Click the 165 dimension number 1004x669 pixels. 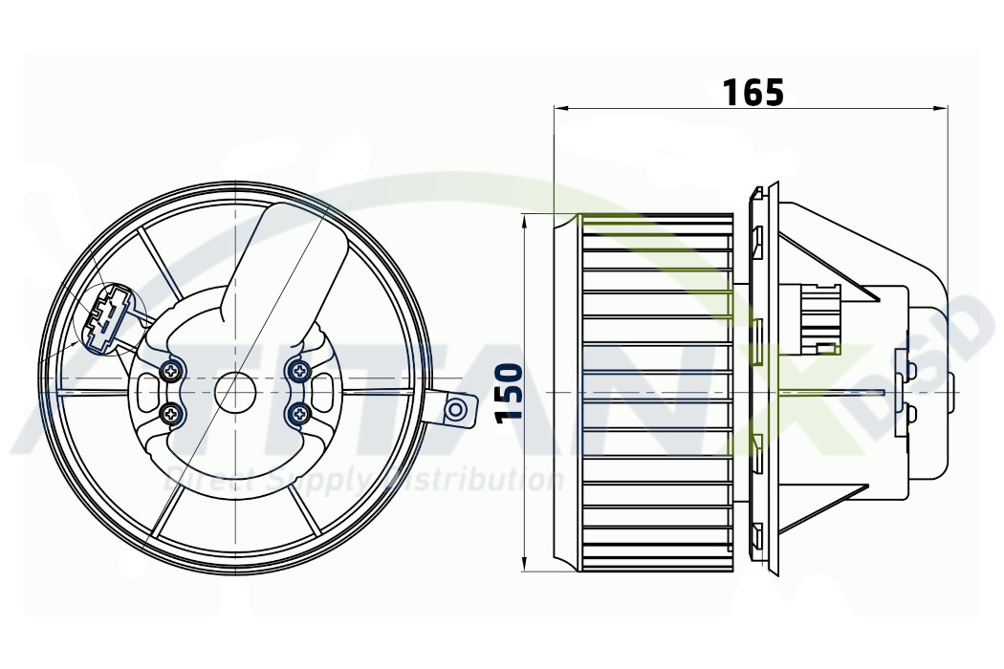tap(753, 92)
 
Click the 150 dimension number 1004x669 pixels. tap(509, 392)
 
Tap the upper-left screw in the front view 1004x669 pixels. tap(172, 370)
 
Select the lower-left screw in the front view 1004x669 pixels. tap(172, 414)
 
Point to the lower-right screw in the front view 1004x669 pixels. tap(300, 414)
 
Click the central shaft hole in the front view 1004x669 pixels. tap(234, 391)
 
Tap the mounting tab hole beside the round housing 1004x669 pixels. tap(458, 410)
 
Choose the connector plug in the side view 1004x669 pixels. tap(818, 315)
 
